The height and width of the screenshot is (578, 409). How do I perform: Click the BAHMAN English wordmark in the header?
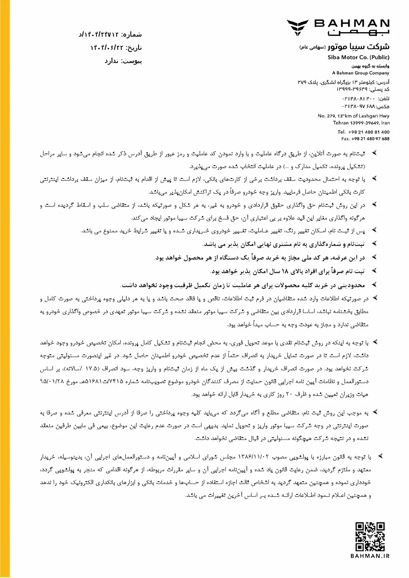[352, 23]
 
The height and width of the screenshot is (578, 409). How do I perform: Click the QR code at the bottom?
[370, 536]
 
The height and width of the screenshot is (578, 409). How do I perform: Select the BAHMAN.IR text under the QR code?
[370, 556]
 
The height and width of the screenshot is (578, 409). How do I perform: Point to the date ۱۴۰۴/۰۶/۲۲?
[108, 48]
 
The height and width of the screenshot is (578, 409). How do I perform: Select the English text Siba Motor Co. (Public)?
[358, 57]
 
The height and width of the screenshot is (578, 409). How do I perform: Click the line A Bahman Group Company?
[361, 73]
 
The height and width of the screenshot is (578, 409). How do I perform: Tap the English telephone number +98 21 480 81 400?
[369, 132]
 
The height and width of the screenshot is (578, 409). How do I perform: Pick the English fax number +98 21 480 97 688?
[370, 138]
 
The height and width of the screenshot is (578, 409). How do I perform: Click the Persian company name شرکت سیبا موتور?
[358, 47]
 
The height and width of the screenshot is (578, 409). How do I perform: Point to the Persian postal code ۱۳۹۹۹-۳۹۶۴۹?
[352, 89]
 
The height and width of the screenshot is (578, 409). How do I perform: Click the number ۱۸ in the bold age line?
[284, 271]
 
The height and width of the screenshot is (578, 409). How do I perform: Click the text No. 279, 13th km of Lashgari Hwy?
[353, 116]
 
